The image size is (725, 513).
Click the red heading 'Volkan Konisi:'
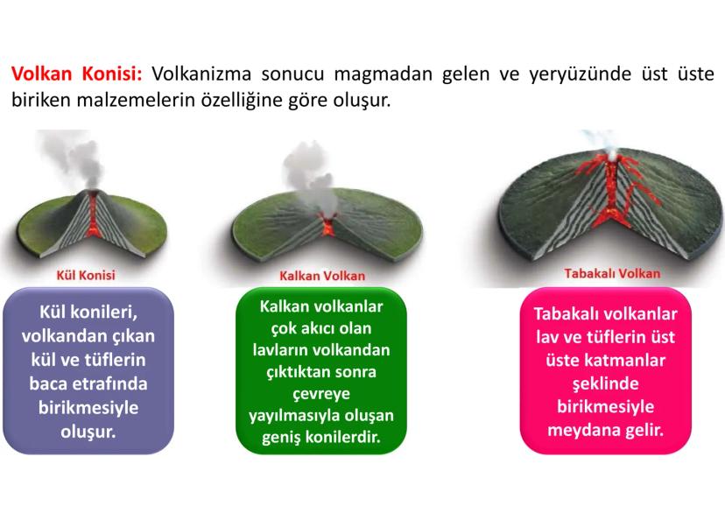coord(77,74)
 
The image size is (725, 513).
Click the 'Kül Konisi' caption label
coord(85,275)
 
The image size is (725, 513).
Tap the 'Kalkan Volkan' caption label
coord(322,276)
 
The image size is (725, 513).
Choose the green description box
coord(322,371)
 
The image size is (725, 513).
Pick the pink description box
coord(606,371)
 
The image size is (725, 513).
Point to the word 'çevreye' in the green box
coord(322,393)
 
